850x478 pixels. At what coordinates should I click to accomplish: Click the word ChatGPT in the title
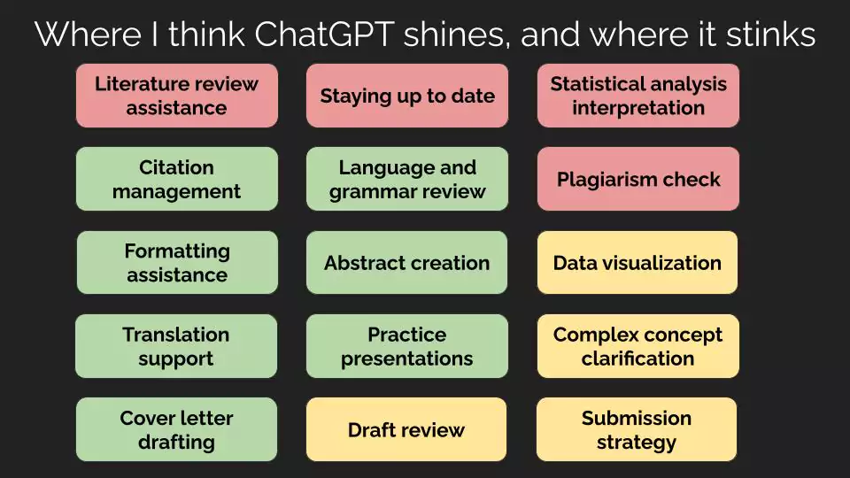pos(324,35)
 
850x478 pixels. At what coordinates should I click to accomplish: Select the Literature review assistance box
pos(177,96)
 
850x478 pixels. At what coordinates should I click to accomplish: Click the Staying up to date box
pos(407,96)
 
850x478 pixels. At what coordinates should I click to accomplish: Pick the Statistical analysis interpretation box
pos(638,96)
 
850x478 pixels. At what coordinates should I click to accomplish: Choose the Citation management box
pos(177,179)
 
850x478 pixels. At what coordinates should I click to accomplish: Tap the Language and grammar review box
pos(407,179)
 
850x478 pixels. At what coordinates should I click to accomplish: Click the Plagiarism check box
pos(638,179)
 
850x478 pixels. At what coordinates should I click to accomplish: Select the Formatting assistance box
pos(177,263)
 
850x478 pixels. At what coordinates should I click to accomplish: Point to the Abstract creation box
pos(406,263)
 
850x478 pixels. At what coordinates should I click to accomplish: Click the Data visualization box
pos(637,263)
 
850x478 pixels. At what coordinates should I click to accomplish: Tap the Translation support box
pos(176,346)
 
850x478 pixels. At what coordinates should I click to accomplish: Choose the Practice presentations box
pos(407,346)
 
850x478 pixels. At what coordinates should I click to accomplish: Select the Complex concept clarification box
pos(638,346)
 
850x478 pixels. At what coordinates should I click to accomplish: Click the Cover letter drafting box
pos(176,430)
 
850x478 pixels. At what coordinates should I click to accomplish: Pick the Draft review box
pos(406,430)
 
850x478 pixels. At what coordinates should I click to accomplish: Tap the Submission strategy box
pos(637,430)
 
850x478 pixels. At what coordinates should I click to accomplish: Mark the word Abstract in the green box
pos(360,263)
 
